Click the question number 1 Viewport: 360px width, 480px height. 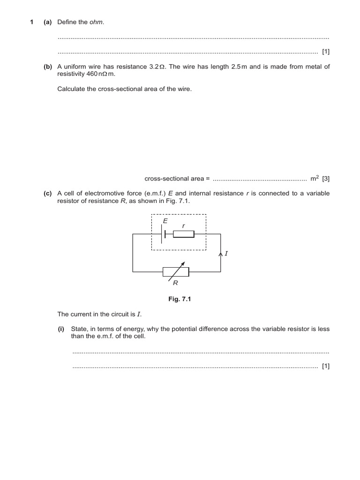click(32, 22)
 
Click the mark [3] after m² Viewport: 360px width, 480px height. click(326, 179)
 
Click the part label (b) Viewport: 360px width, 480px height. click(48, 67)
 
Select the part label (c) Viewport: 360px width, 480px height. click(48, 193)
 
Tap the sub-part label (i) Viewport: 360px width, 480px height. click(61, 329)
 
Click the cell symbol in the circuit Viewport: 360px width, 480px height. click(164, 233)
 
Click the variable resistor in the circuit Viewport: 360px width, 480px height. click(176, 271)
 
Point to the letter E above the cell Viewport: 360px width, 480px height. click(165, 220)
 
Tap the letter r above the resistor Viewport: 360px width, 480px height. click(183, 225)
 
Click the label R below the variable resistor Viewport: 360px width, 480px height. click(175, 283)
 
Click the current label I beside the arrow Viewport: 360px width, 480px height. click(226, 254)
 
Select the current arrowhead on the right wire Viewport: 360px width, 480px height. click(220, 255)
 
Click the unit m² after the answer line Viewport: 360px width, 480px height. click(315, 178)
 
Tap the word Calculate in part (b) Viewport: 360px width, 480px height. click(71, 89)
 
